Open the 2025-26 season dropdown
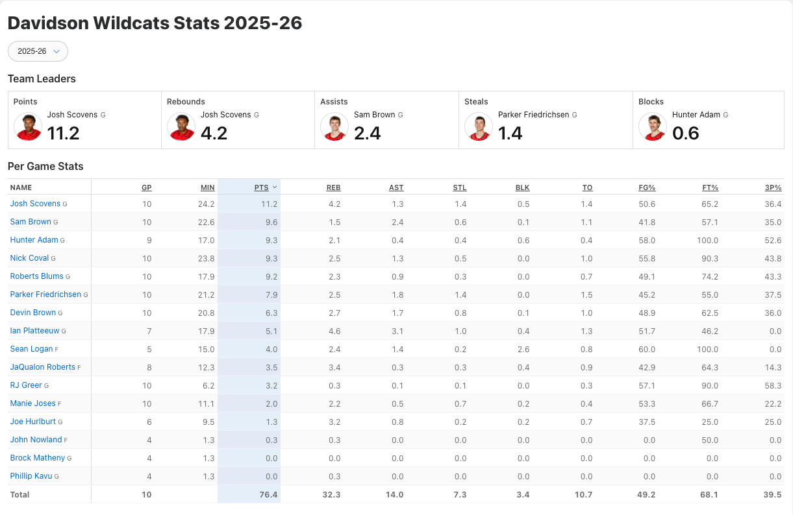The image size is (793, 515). (38, 51)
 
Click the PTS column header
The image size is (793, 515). (261, 187)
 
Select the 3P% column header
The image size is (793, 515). (773, 187)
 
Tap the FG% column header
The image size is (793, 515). (647, 187)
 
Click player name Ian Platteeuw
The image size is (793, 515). (34, 331)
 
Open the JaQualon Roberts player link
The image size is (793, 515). (43, 367)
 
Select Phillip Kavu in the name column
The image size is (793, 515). (31, 476)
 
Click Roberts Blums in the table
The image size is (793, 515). (37, 276)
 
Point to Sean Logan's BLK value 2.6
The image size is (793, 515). (523, 349)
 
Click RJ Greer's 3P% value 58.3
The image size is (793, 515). (773, 385)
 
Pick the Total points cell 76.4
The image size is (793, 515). (268, 494)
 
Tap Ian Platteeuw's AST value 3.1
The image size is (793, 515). (397, 331)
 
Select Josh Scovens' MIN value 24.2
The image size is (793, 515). (207, 204)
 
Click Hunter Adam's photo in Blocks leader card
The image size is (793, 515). (653, 126)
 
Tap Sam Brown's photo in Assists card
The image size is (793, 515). (334, 126)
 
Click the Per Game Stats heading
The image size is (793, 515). (45, 166)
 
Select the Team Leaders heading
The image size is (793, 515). (42, 78)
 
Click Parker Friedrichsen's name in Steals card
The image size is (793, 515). (533, 115)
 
